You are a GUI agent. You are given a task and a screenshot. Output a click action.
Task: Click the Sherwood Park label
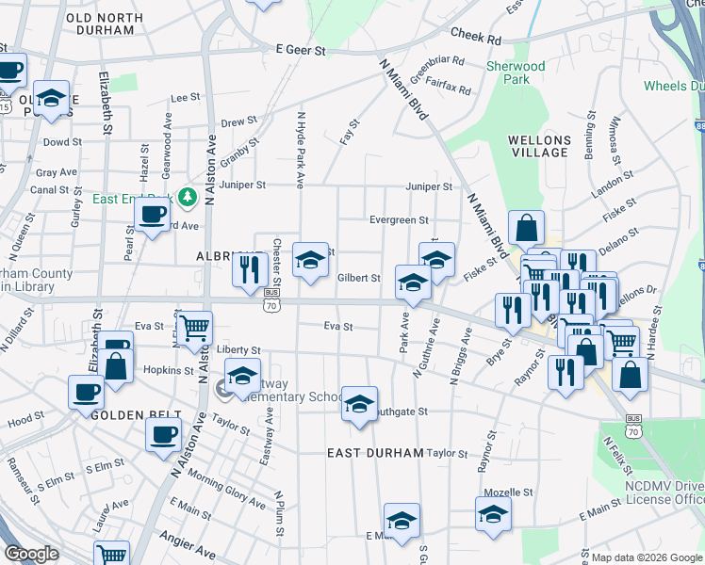pyautogui.click(x=516, y=73)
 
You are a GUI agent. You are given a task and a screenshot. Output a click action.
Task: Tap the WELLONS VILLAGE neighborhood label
pyautogui.click(x=538, y=146)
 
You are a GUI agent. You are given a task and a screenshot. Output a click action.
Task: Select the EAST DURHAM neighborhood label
pyautogui.click(x=375, y=453)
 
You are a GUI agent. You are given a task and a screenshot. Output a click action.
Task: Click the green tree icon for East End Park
pyautogui.click(x=188, y=196)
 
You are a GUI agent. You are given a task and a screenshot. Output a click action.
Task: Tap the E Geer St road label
pyautogui.click(x=301, y=50)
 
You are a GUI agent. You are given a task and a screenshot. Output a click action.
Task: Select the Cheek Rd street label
pyautogui.click(x=475, y=37)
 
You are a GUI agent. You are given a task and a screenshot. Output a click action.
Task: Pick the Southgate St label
pyautogui.click(x=402, y=412)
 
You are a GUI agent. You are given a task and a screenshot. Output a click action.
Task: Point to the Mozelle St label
pyautogui.click(x=508, y=492)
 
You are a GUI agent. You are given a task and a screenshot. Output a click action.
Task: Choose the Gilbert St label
pyautogui.click(x=358, y=279)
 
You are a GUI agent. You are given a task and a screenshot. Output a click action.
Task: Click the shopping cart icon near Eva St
pyautogui.click(x=195, y=328)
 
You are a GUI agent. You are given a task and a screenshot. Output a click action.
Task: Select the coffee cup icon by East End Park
pyautogui.click(x=152, y=214)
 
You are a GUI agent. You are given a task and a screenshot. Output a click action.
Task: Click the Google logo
pyautogui.click(x=31, y=555)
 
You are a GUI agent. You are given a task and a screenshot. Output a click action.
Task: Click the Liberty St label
pyautogui.click(x=238, y=349)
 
